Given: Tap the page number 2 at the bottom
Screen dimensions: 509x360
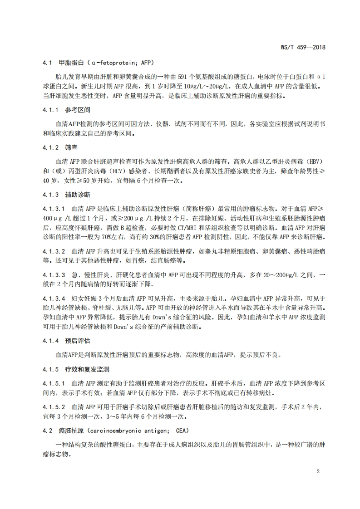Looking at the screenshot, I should (x=318, y=470).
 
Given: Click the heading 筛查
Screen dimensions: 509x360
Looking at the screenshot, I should (x=70, y=147).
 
